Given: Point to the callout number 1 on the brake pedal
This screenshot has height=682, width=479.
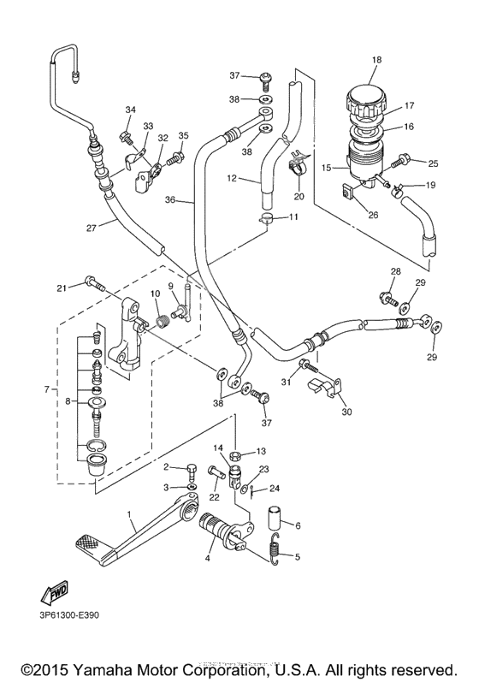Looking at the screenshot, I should coord(129,515).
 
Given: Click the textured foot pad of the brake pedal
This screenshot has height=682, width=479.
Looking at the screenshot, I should coord(89,542).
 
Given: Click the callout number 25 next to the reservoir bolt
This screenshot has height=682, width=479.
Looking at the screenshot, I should coord(432,163).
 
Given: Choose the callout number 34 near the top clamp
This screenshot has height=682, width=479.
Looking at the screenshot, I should coord(130,110).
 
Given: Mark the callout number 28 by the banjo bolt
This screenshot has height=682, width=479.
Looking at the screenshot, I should coord(395,272).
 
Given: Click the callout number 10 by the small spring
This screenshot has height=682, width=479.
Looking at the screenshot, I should coord(155,294).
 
